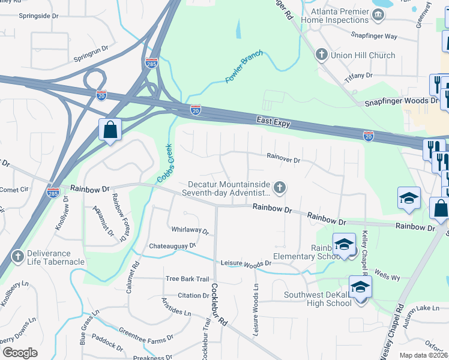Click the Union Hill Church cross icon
tap(321, 55)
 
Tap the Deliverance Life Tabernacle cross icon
tap(18, 257)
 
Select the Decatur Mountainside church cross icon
tap(279, 188)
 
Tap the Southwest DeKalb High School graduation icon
tap(360, 288)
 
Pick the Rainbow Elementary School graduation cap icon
tap(345, 245)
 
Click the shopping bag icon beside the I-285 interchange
tap(110, 129)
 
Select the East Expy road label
tap(274, 122)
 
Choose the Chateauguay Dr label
tap(172, 245)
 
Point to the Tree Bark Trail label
tap(187, 278)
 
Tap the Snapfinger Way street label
tap(374, 36)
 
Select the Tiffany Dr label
tap(358, 76)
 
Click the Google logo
tap(20, 353)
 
